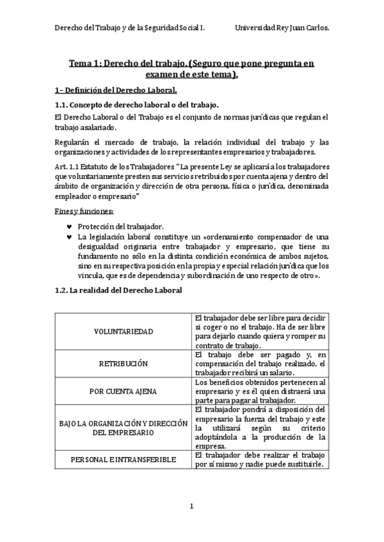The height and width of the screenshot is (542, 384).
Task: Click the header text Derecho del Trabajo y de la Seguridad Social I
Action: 128,29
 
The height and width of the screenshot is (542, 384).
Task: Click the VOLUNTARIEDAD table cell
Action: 123,332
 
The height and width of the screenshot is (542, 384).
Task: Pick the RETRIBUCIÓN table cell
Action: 123,363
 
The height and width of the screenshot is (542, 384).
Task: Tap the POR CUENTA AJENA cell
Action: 123,390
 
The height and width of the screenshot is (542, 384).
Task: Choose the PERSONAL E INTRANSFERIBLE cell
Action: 123,459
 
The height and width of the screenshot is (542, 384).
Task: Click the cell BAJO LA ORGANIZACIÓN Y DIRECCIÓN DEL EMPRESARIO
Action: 123,427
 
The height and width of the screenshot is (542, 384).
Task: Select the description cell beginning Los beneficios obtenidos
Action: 260,391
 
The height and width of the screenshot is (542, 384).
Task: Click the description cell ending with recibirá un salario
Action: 260,363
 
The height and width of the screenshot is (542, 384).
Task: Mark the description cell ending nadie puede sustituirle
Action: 260,459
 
